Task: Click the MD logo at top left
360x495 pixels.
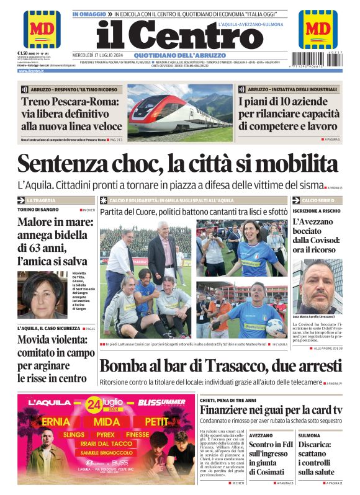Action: [x=42, y=29]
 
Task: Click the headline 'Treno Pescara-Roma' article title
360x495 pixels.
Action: [x=71, y=114]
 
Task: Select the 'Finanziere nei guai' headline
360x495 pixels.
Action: [x=270, y=410]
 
